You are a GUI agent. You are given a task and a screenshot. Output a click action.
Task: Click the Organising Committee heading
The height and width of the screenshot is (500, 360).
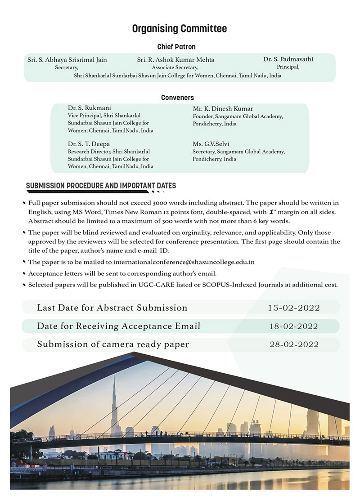tap(180, 29)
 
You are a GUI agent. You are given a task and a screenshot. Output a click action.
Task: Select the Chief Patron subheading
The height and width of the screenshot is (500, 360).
tap(176, 47)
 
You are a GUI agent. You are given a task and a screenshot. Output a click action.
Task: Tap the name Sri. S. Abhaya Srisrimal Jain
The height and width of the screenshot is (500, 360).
tap(67, 60)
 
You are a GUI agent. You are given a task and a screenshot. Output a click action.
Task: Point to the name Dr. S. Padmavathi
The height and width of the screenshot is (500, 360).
tap(288, 59)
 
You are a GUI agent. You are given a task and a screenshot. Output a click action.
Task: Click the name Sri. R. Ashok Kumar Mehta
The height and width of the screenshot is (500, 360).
tap(175, 60)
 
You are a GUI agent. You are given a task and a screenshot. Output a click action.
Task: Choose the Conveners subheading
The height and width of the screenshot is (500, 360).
tap(177, 98)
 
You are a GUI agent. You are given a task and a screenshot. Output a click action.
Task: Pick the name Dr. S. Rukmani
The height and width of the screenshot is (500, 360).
tap(90, 108)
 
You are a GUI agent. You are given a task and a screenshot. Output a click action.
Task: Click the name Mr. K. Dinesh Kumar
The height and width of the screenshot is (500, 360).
tap(223, 109)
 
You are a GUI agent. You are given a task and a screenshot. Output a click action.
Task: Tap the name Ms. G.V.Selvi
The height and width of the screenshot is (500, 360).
tap(211, 144)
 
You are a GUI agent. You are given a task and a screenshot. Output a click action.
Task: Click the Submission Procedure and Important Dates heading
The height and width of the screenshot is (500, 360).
tap(101, 186)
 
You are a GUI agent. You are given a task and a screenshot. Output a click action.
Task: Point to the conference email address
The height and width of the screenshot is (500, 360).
tap(184, 262)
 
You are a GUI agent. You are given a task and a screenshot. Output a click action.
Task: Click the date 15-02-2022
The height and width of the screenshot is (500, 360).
tap(293, 308)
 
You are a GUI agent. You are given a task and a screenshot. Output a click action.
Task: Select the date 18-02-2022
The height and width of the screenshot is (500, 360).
tap(293, 326)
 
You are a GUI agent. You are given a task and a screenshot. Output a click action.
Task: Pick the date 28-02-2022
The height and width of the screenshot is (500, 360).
tap(293, 344)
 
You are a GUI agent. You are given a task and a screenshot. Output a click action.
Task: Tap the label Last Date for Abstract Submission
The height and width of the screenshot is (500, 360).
tap(112, 308)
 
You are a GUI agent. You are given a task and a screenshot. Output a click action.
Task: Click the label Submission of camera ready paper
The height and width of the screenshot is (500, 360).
tap(113, 344)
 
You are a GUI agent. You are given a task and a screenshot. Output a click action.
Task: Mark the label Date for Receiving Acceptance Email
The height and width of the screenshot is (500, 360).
tap(119, 326)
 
